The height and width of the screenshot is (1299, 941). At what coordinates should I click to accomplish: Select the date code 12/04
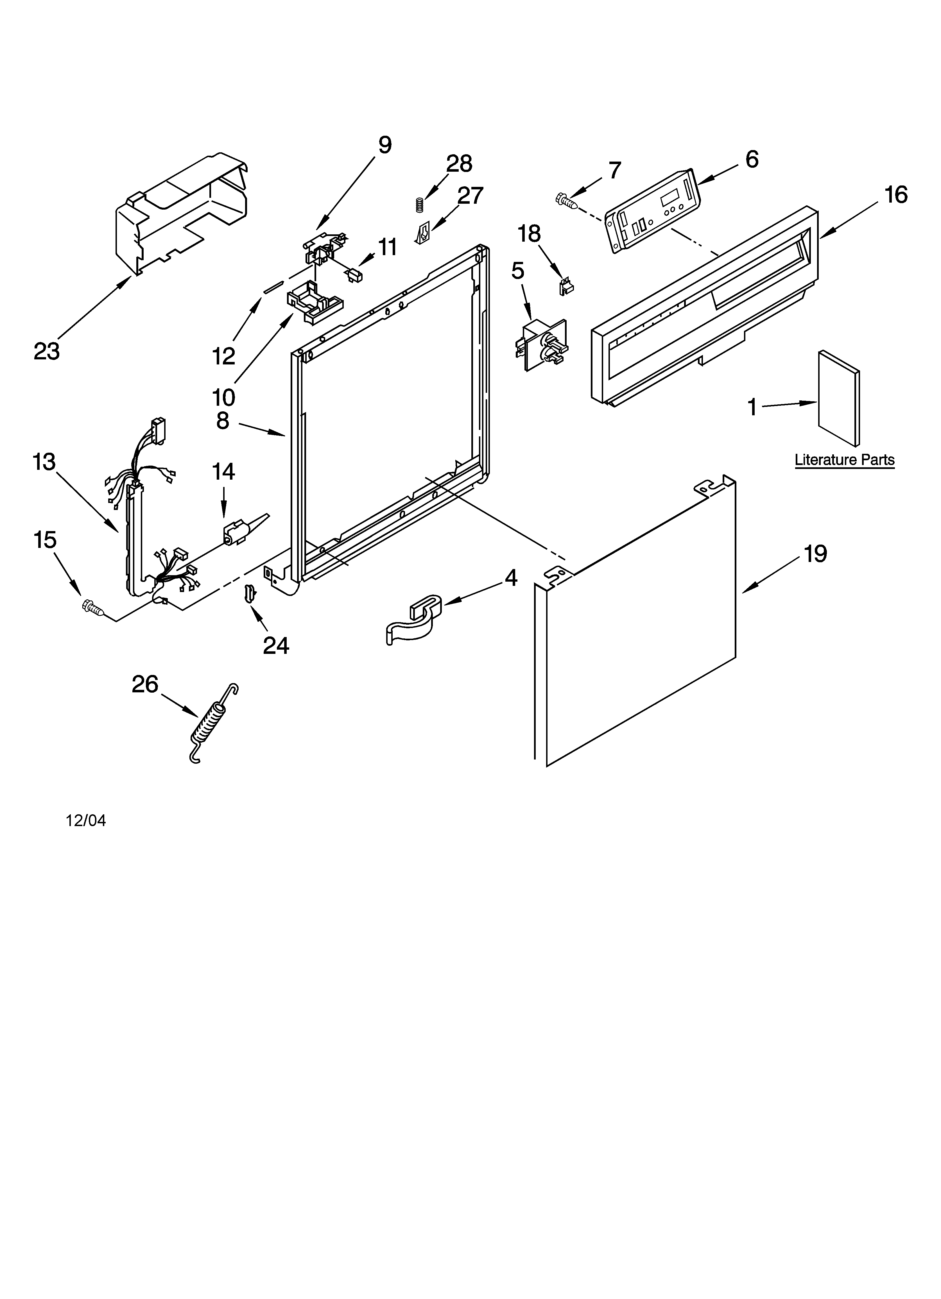[86, 821]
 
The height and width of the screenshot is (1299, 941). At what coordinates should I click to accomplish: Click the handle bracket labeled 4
[414, 618]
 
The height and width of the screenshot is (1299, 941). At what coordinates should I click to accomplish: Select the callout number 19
[814, 554]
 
